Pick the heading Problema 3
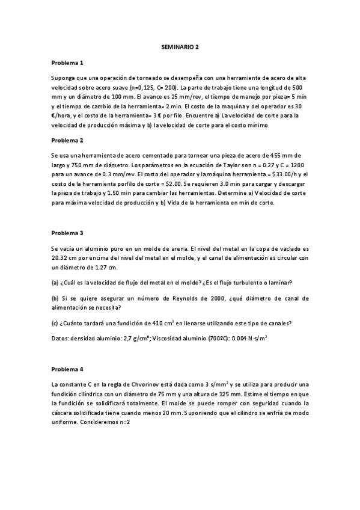[x=67, y=232]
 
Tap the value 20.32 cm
[x=65, y=257]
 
